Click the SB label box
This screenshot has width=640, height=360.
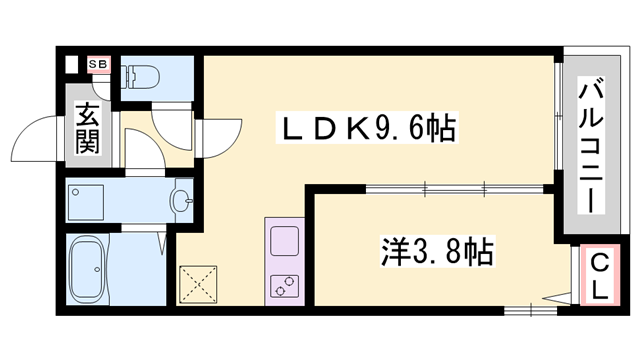tap(98, 66)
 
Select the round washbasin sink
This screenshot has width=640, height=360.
tap(181, 202)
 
